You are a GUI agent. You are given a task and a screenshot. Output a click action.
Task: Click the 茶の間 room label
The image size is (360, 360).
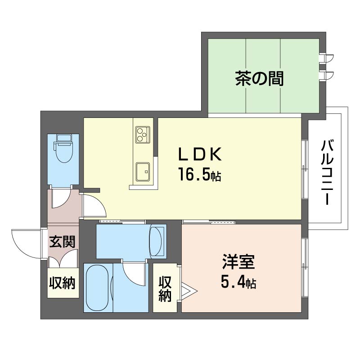point(259,78)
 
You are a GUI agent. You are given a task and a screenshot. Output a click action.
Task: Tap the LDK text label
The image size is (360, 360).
point(200,154)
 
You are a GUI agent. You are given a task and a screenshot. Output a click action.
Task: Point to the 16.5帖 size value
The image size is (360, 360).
point(199,175)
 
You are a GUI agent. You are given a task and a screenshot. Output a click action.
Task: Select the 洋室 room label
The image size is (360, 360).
point(238,262)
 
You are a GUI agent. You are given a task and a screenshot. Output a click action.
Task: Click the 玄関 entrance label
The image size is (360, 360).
point(63,242)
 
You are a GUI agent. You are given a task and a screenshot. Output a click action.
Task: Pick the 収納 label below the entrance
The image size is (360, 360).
point(63,283)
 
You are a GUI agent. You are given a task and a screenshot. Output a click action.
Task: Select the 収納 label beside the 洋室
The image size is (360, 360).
point(165,289)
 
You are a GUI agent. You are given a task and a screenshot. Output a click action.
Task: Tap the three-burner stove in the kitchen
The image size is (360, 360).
point(143,134)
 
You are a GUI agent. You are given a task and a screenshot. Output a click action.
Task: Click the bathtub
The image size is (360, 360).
point(98,288)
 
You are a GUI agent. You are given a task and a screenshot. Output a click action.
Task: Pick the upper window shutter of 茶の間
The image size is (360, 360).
point(327,58)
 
